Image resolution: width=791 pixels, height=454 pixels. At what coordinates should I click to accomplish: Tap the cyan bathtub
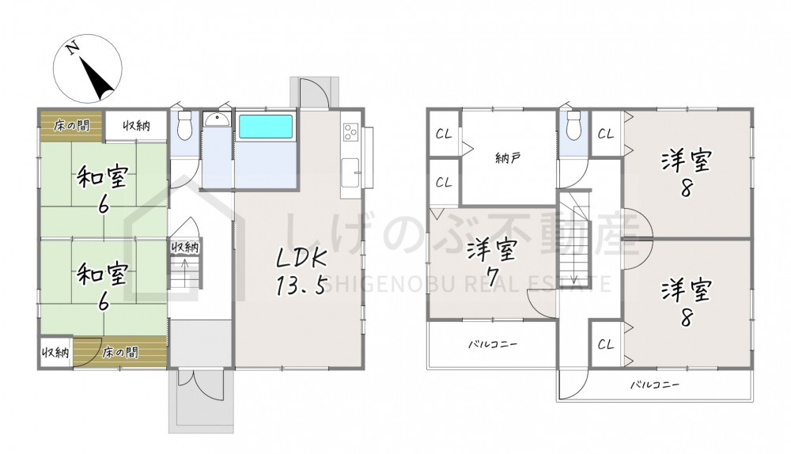(x=265, y=127)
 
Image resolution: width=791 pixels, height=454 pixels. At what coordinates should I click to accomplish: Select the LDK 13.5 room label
(x=301, y=271)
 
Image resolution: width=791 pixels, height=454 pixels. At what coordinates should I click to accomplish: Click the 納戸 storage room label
(x=508, y=158)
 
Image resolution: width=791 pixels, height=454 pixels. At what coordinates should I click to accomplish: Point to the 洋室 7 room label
(x=491, y=263)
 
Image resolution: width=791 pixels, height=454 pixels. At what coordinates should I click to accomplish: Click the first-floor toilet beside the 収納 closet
(x=185, y=126)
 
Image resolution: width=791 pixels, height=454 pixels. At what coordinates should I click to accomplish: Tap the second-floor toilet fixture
(x=573, y=126)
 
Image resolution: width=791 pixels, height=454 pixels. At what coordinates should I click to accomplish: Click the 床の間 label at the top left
(x=72, y=125)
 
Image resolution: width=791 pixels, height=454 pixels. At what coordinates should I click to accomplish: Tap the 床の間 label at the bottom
(x=120, y=352)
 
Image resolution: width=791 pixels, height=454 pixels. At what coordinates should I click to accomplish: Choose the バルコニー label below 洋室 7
(x=493, y=345)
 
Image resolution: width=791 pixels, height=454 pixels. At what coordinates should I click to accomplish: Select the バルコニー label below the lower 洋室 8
(x=655, y=385)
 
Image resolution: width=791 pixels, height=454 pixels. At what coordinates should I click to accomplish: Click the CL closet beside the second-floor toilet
(x=606, y=134)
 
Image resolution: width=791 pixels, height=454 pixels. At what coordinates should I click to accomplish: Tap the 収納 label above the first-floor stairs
(x=184, y=248)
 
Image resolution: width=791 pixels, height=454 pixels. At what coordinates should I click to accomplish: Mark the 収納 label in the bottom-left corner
(x=55, y=352)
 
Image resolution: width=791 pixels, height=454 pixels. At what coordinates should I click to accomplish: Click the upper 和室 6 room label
(x=102, y=189)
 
